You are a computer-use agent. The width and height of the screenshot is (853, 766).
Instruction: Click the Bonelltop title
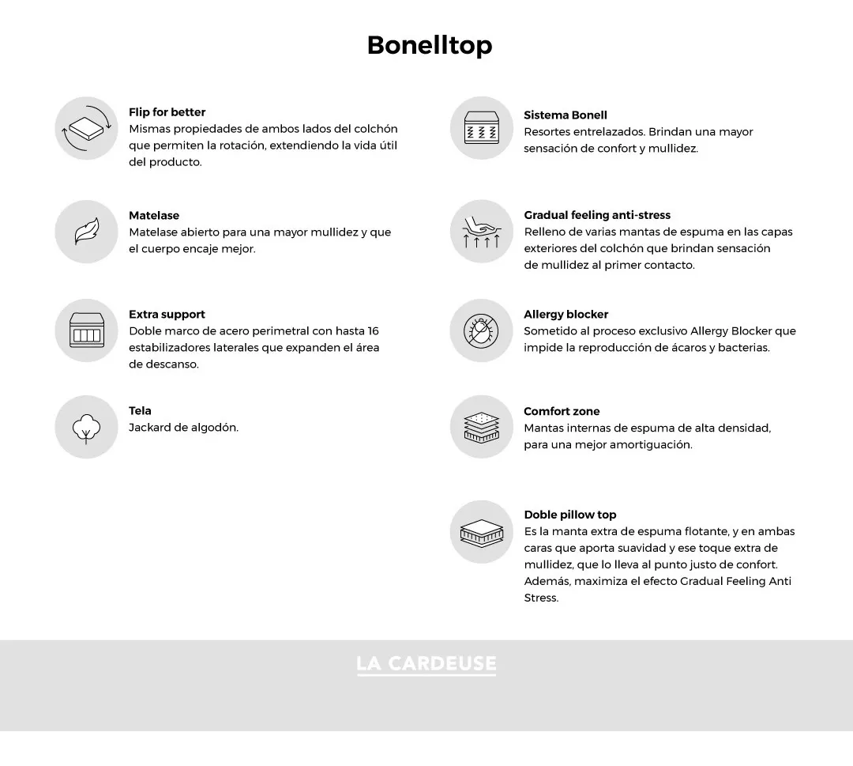(x=429, y=45)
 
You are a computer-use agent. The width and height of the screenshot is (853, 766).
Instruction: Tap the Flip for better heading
(x=167, y=112)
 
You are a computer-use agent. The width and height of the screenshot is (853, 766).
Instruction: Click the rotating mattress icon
(x=86, y=128)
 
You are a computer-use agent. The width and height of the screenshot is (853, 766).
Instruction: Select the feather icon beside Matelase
(x=86, y=232)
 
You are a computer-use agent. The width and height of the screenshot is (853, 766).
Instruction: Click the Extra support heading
(x=167, y=315)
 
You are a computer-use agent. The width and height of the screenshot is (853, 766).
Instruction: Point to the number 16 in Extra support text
(x=373, y=331)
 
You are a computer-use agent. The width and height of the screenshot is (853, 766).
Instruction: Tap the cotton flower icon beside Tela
(x=86, y=427)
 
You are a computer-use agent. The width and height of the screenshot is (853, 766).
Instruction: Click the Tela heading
(x=140, y=411)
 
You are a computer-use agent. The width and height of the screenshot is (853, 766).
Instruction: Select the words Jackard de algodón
(x=183, y=428)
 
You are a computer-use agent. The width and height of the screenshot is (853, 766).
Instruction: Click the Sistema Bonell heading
(x=566, y=115)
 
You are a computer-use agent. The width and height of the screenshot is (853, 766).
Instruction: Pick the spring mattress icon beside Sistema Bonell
(x=482, y=128)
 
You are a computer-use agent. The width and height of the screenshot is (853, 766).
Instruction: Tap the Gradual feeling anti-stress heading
(x=597, y=215)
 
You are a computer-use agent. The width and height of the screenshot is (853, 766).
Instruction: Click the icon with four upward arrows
(x=482, y=232)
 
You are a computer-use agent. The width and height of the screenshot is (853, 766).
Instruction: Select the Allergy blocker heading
(x=566, y=315)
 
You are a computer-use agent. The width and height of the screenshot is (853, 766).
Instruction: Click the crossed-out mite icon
(x=482, y=330)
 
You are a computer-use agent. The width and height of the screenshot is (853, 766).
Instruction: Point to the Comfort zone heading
(x=562, y=412)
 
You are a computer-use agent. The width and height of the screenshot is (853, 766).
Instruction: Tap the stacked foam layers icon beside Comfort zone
(x=482, y=427)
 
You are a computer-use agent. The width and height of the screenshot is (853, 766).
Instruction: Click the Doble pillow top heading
(x=569, y=515)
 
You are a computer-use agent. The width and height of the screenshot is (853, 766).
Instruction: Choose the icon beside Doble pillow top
(x=482, y=532)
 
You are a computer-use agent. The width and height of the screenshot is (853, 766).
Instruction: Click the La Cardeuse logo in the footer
(x=426, y=664)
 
